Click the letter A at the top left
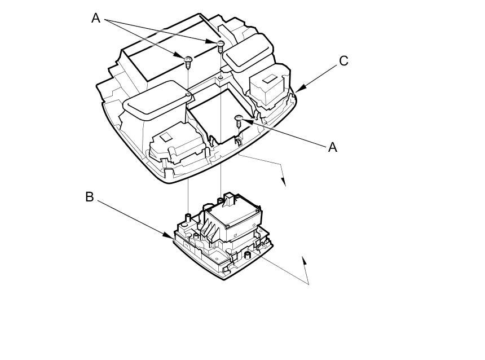[x=96, y=18]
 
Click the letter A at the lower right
[x=332, y=147]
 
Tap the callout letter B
[x=90, y=197]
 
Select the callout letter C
[x=343, y=61]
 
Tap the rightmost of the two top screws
[x=221, y=44]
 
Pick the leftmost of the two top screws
[x=188, y=59]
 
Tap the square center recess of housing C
[x=217, y=116]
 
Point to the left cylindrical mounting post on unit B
[x=187, y=218]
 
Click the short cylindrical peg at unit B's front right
[x=247, y=256]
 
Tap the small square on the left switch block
[x=167, y=137]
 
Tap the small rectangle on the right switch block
[x=269, y=78]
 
